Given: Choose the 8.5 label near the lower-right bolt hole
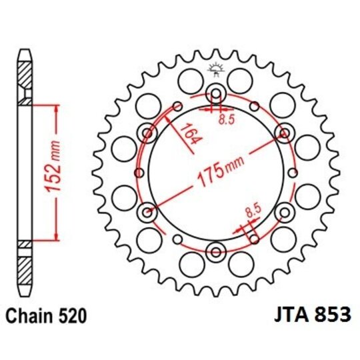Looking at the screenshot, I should click(253, 212).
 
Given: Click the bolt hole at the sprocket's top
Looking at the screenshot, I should click(216, 93).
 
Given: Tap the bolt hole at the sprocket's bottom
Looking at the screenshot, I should click(216, 251).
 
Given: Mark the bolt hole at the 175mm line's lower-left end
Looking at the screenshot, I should click(147, 213).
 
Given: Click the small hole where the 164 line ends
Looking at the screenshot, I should click(177, 106).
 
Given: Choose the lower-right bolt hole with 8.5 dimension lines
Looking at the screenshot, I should click(285, 213).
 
